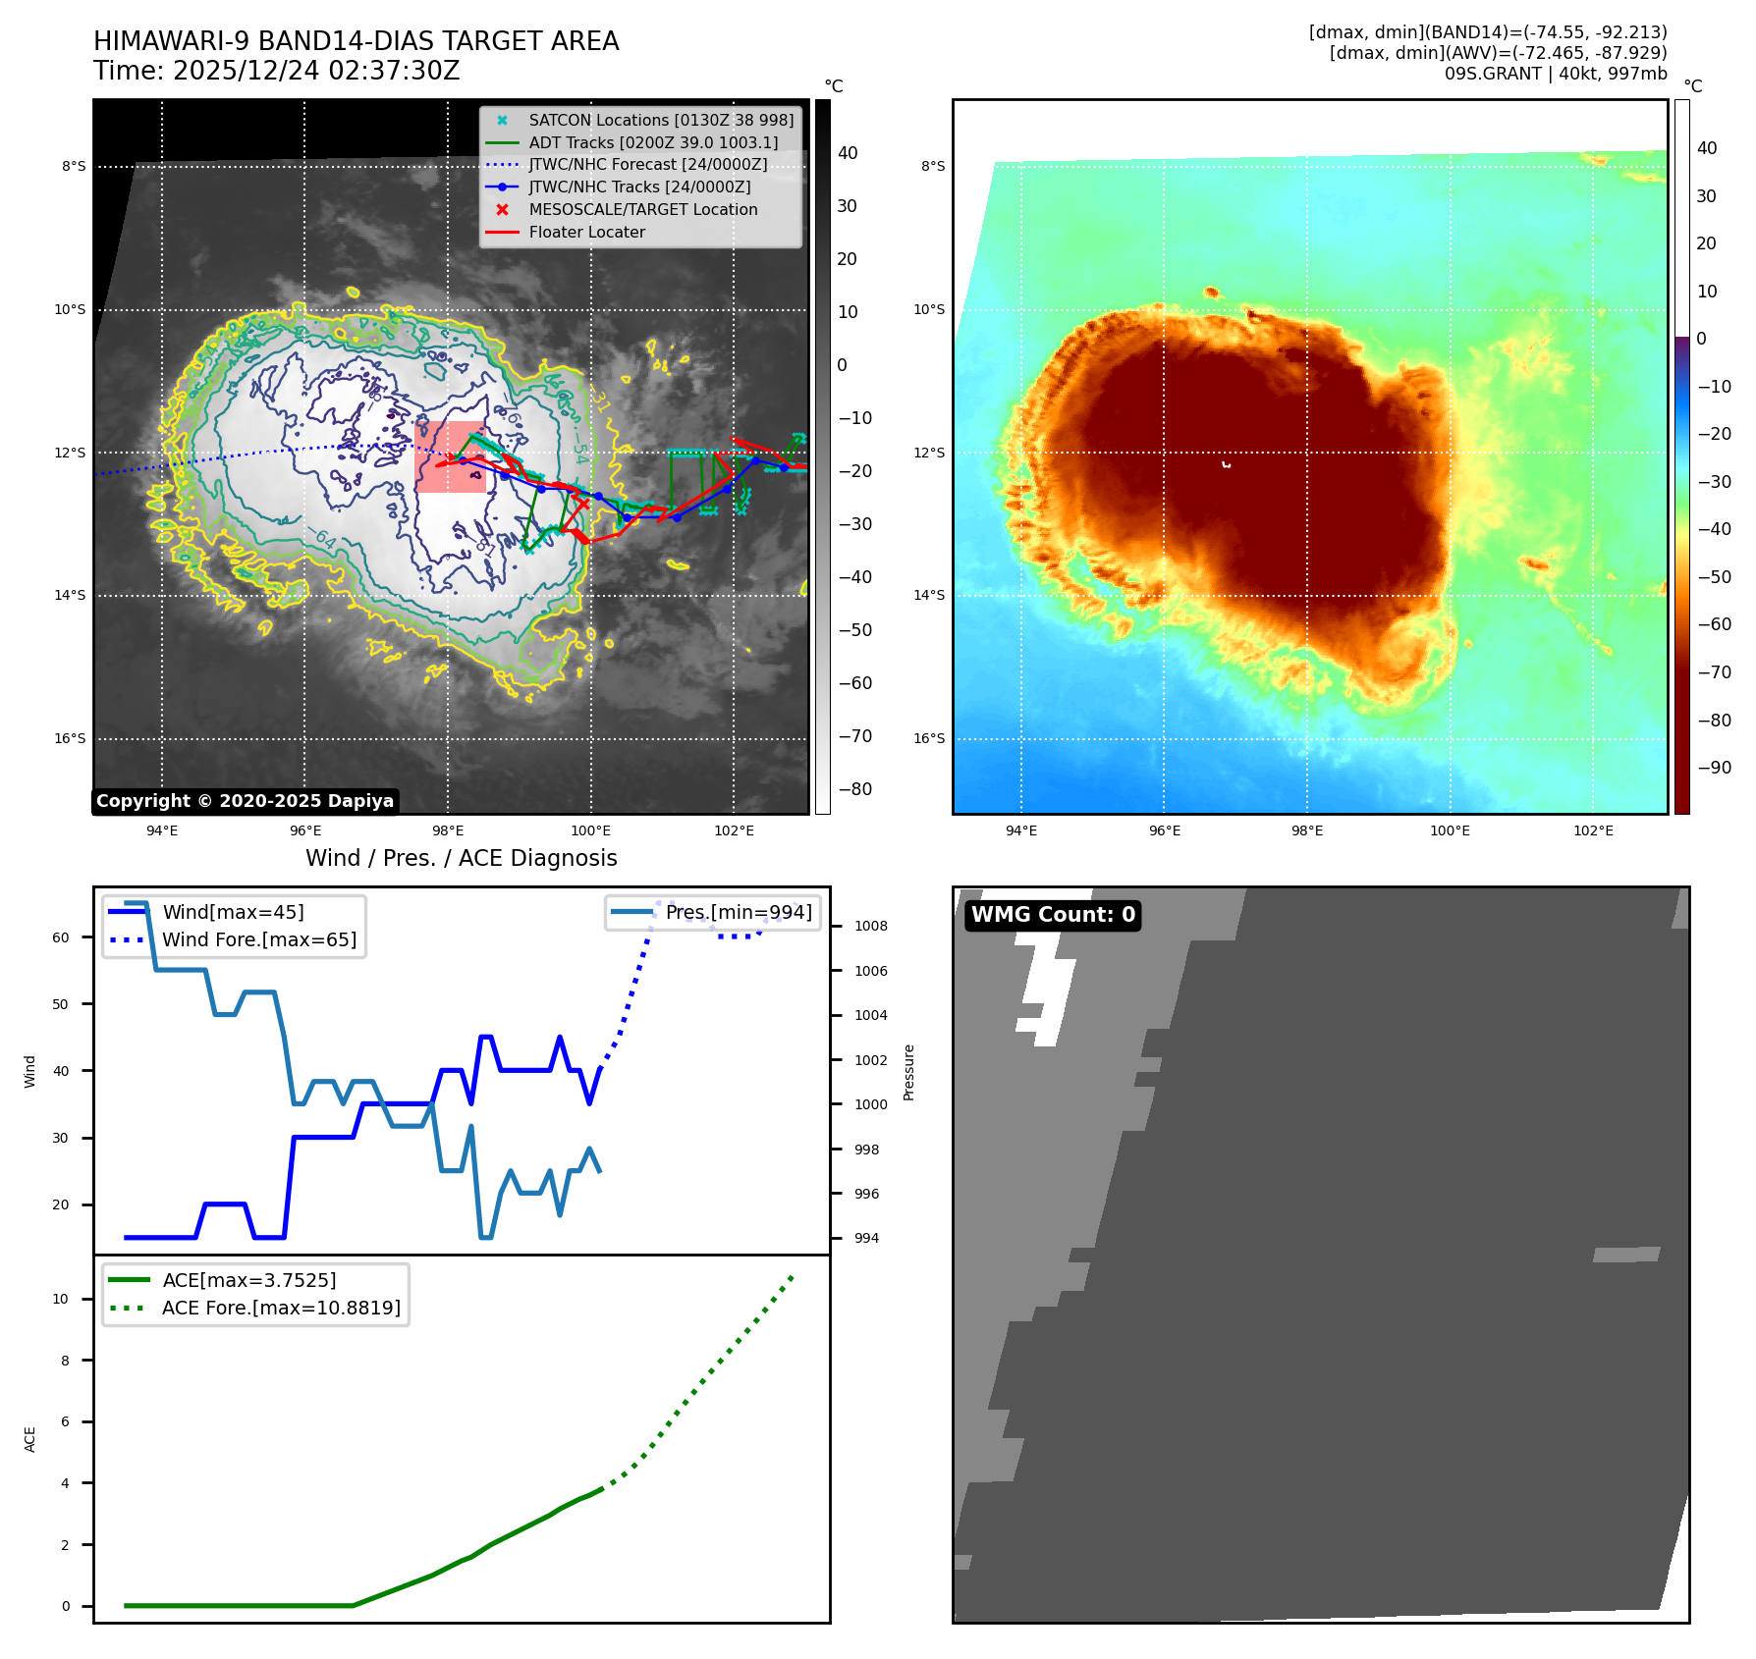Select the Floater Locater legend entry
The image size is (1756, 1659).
pos(586,233)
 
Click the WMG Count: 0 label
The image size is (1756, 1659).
pos(1053,915)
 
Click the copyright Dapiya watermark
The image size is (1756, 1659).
pos(245,801)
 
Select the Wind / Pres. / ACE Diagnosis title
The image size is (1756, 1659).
pos(461,859)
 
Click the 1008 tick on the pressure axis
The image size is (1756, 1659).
pos(870,927)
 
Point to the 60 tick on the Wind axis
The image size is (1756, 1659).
pos(61,938)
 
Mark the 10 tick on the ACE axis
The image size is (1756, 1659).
pos(61,1300)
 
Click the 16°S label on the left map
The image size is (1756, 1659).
pos(70,739)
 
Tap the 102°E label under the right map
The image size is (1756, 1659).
pos(1593,831)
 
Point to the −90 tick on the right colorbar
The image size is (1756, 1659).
pos(1714,769)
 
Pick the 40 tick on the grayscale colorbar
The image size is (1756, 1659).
pos(847,153)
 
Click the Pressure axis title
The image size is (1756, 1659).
pos(908,1072)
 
